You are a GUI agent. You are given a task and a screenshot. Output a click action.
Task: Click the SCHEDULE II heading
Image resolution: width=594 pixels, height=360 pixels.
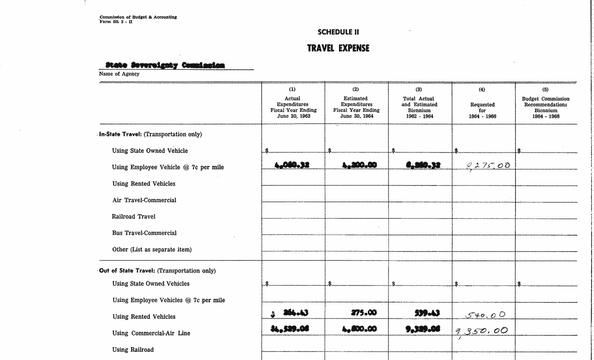pos(338,32)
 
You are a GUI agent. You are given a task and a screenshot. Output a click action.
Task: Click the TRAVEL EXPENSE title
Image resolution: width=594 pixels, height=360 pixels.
pos(338,48)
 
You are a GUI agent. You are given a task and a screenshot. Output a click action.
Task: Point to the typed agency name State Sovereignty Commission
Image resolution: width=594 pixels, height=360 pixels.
pos(165,65)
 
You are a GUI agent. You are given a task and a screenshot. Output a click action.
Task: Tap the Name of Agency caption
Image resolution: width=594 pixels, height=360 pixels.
pos(119,74)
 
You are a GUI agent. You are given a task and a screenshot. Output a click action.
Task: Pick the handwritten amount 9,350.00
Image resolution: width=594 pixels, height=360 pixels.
pos(481,331)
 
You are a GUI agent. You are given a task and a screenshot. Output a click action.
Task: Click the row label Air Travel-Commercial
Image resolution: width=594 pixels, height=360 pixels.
pos(144,200)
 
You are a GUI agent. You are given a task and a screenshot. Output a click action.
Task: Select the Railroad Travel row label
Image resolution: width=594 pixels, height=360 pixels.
pos(133,217)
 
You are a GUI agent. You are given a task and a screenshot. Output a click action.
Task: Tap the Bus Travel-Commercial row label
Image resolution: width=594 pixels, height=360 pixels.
pos(144,233)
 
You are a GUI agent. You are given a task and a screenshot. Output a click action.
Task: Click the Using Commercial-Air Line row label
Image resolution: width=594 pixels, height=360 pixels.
pos(151,333)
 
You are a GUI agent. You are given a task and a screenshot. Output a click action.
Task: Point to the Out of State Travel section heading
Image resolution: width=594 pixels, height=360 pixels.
pos(157,271)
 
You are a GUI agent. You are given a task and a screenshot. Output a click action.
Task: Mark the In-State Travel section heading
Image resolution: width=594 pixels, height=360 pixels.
pos(150,134)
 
